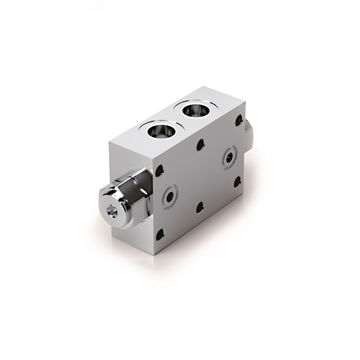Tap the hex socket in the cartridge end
pyautogui.click(x=112, y=212)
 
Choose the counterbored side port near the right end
pyautogui.click(x=229, y=157)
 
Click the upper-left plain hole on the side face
pyautogui.click(x=159, y=171)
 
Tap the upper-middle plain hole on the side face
pyautogui.click(x=200, y=145)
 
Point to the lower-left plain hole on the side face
pyautogui.click(x=159, y=236)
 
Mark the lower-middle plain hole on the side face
pyautogui.click(x=200, y=208)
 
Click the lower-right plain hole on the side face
pyautogui.click(x=237, y=181)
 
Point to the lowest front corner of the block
pyautogui.click(x=154, y=256)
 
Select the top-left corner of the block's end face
pyautogui.click(x=109, y=144)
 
